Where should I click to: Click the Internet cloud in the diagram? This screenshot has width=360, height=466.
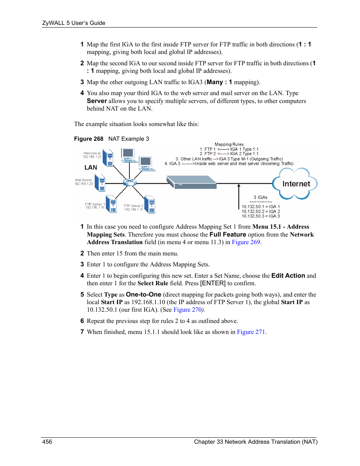tap(295, 184)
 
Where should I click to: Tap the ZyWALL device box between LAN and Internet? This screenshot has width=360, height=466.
tap(192, 182)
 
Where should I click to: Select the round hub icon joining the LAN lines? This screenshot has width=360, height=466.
tap(129, 182)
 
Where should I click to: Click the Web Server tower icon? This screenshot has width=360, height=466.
tap(109, 158)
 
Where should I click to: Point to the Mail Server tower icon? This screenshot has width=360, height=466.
tap(100, 183)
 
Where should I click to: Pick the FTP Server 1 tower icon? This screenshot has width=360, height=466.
tap(111, 204)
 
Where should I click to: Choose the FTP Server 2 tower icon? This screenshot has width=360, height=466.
tap(150, 205)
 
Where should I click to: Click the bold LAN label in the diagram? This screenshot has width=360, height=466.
tap(91, 167)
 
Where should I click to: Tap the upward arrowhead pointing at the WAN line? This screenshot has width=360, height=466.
tap(239, 185)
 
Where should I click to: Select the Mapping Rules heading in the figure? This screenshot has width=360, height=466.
tap(229, 144)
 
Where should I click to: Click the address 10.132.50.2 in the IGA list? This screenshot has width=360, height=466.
tap(253, 211)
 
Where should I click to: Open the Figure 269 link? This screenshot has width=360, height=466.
tap(246, 242)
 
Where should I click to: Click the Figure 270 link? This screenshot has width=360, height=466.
tap(188, 310)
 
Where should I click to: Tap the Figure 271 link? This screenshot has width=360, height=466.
tap(251, 332)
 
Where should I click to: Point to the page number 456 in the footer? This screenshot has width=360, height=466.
tap(47, 441)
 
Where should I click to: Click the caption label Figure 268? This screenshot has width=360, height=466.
tap(89, 139)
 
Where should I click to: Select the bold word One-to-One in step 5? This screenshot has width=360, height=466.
tap(143, 295)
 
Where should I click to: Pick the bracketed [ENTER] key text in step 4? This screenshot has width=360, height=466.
tap(213, 283)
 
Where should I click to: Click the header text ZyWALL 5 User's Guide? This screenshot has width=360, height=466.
tap(74, 23)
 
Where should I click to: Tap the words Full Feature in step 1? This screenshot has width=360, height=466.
tap(228, 235)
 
